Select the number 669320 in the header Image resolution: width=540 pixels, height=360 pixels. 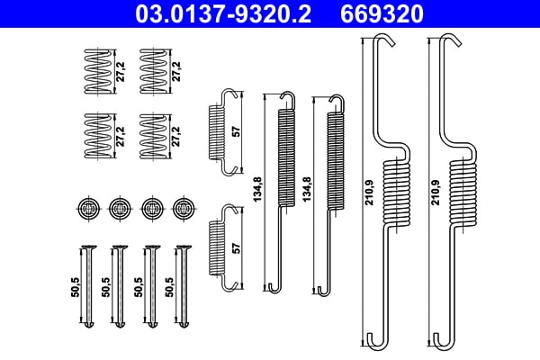(x=381, y=13)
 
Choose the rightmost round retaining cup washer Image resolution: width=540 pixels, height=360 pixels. (x=184, y=208)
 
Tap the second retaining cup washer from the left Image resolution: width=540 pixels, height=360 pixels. (x=119, y=208)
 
